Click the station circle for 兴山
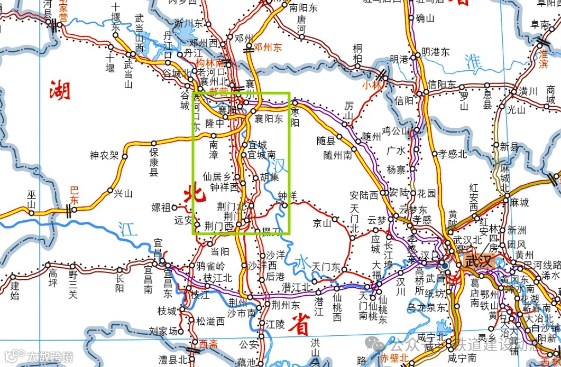(111, 190)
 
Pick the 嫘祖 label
(161, 206)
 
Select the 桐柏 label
(358, 53)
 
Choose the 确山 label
(425, 18)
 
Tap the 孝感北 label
(453, 154)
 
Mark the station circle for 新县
(496, 145)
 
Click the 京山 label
(321, 222)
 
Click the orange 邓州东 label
(268, 47)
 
